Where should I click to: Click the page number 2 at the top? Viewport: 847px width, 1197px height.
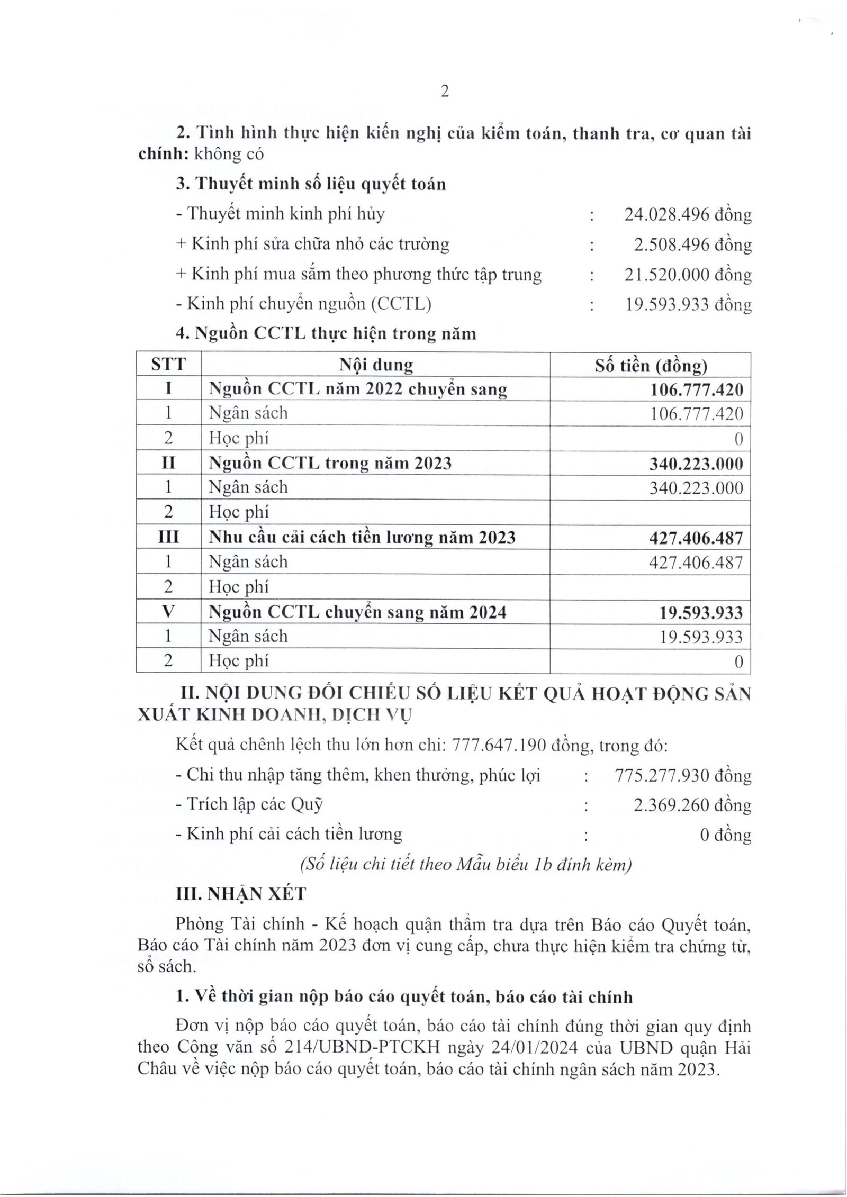tap(444, 92)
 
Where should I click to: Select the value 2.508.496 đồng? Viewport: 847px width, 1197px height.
tap(692, 244)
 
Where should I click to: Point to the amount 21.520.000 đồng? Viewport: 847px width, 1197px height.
tap(688, 275)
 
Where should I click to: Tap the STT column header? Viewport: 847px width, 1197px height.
tap(168, 365)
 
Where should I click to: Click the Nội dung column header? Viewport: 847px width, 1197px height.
tap(375, 365)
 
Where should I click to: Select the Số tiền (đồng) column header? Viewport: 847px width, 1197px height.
tap(651, 365)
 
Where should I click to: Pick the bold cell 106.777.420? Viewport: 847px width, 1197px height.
tap(696, 389)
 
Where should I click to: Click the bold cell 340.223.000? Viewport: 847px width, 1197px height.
tap(696, 464)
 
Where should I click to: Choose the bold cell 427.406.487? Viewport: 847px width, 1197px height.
tap(696, 538)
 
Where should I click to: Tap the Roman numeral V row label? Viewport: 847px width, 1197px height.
tap(168, 612)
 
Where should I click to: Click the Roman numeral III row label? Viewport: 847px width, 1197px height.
tap(168, 538)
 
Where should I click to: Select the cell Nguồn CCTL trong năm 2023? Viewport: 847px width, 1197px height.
tap(330, 463)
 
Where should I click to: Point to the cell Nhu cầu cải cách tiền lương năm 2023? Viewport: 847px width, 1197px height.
tap(362, 538)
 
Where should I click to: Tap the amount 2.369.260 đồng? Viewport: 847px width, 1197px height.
tap(692, 805)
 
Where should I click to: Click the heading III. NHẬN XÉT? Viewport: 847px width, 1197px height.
tap(241, 894)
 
